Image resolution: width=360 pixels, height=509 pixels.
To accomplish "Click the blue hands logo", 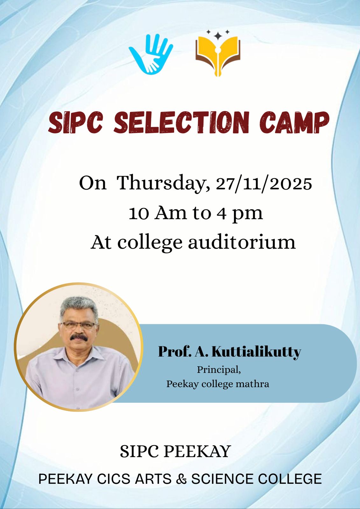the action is pyautogui.click(x=151, y=54).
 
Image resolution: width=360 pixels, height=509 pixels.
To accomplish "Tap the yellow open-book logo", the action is pyautogui.click(x=218, y=56).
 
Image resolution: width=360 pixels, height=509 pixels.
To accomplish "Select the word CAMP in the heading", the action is pyautogui.click(x=294, y=122).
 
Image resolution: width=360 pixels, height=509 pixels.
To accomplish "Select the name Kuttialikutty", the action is pyautogui.click(x=256, y=352).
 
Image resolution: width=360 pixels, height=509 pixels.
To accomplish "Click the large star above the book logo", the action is pyautogui.click(x=218, y=35).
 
